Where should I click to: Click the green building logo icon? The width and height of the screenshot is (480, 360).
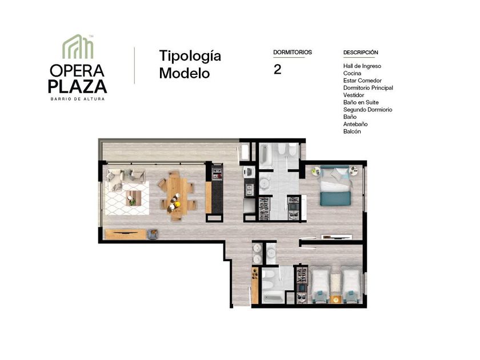point(78,46)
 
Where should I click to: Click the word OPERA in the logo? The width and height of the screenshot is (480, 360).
point(77,71)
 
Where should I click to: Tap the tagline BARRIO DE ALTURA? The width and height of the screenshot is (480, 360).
point(78,99)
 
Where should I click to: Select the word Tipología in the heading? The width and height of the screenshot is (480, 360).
point(190,57)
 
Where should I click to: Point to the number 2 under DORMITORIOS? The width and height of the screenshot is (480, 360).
point(277,70)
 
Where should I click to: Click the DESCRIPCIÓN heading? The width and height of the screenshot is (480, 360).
point(361,53)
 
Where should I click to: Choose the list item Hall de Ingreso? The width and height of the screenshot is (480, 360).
point(362,66)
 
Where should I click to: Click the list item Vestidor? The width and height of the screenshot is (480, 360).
point(354,95)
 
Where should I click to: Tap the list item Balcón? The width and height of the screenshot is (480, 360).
point(352,131)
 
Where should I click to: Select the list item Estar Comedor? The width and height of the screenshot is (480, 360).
point(362,81)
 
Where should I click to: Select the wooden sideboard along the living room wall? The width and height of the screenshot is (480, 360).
point(126,234)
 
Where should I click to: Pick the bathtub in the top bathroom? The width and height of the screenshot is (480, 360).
point(265,155)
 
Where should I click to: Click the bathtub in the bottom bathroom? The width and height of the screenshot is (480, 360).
point(273,297)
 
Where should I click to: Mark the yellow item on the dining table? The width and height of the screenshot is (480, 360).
point(177,204)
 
